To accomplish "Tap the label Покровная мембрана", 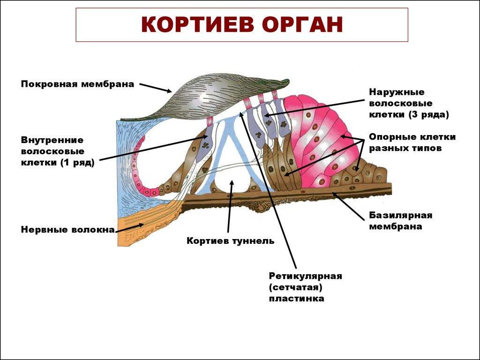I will [x=77, y=84].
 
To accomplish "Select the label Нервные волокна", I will [x=68, y=230].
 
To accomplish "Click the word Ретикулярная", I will [x=306, y=276].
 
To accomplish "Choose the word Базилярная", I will [x=400, y=215].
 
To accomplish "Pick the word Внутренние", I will [x=52, y=140].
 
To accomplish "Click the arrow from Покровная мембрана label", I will [x=156, y=88].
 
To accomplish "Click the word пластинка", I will [x=296, y=298].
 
